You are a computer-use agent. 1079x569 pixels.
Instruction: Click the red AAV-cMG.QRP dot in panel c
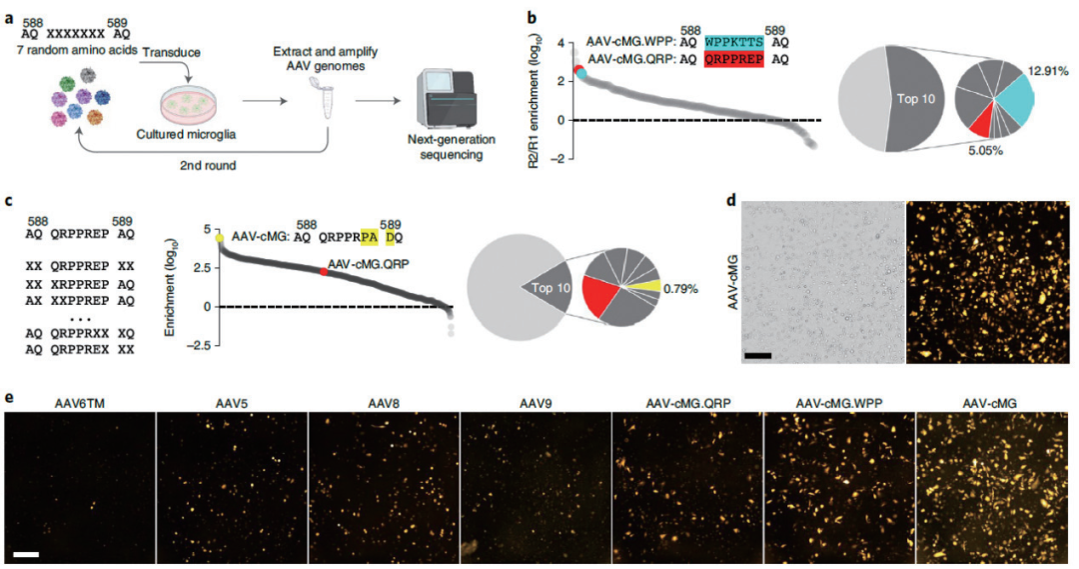(323, 272)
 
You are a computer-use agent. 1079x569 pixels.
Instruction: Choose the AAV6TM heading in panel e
(79, 403)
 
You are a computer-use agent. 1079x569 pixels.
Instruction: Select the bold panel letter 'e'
(9, 397)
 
